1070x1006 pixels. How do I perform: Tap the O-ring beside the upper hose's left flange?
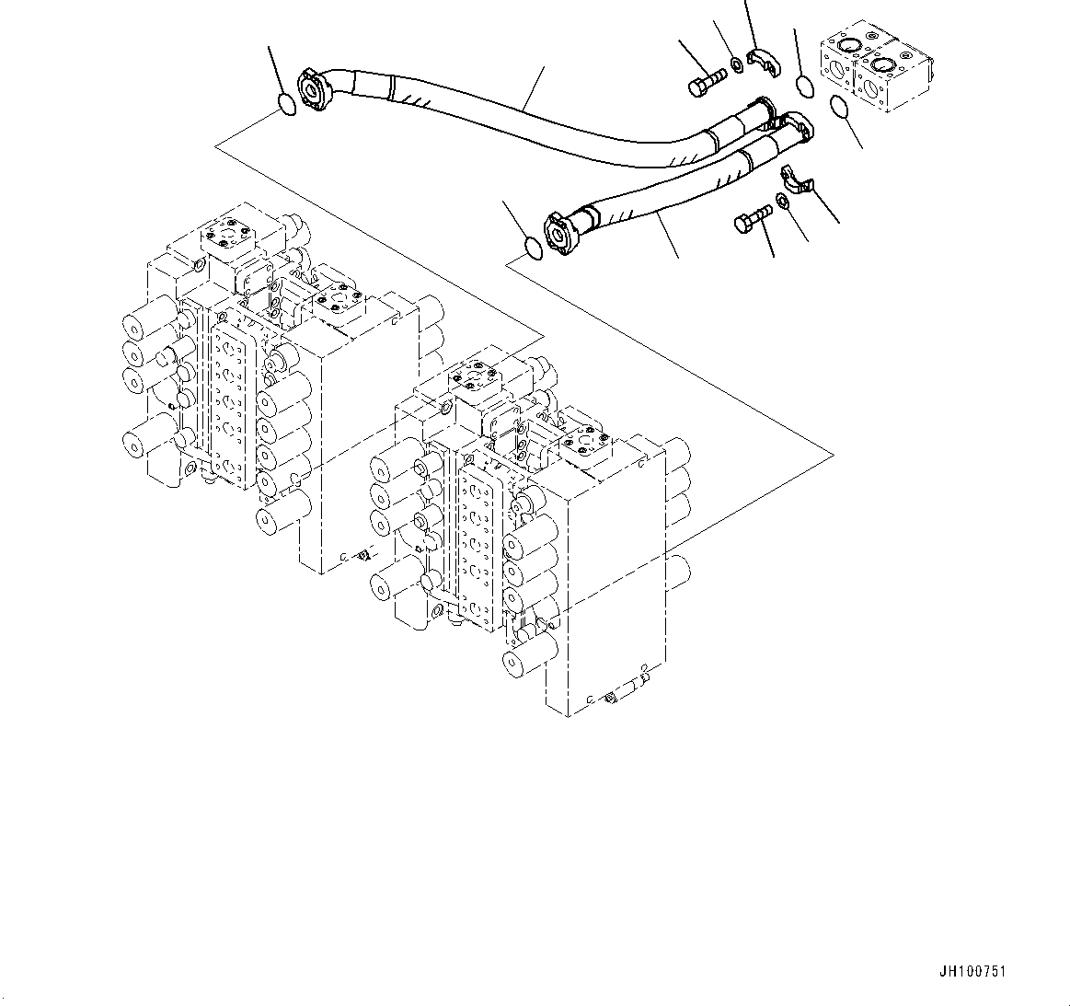click(287, 105)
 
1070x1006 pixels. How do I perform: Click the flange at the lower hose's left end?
click(559, 229)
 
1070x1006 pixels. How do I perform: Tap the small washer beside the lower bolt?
click(783, 202)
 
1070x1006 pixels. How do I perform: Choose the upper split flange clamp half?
click(763, 61)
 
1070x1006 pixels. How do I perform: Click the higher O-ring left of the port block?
click(804, 87)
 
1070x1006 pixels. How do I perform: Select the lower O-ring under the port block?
click(840, 108)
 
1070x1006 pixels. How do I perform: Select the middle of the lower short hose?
click(672, 193)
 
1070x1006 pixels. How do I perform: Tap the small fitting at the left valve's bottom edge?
click(362, 554)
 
